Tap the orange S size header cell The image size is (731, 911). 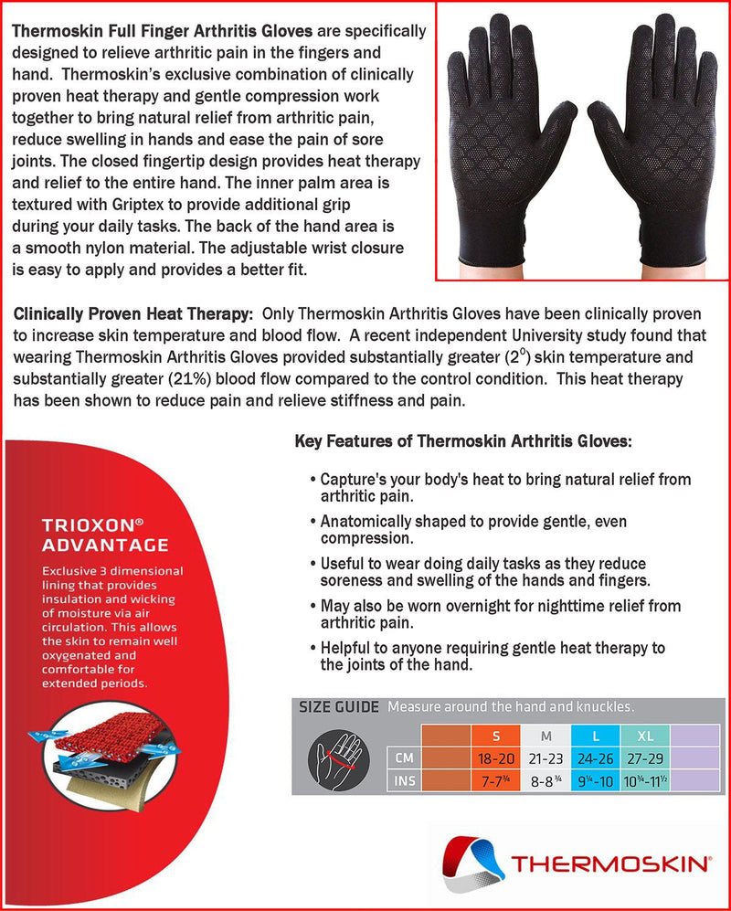click(x=496, y=736)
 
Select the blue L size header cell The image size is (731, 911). click(x=595, y=736)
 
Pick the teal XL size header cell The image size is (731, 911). click(x=644, y=736)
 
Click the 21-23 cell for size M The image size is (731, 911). click(x=546, y=757)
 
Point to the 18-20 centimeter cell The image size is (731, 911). click(x=496, y=757)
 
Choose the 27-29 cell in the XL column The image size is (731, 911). click(x=644, y=757)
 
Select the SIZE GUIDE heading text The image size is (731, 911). click(x=339, y=706)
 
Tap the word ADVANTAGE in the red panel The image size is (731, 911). click(x=105, y=546)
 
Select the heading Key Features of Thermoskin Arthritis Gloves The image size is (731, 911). click(x=462, y=441)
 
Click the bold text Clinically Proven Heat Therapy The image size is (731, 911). click(x=133, y=314)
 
